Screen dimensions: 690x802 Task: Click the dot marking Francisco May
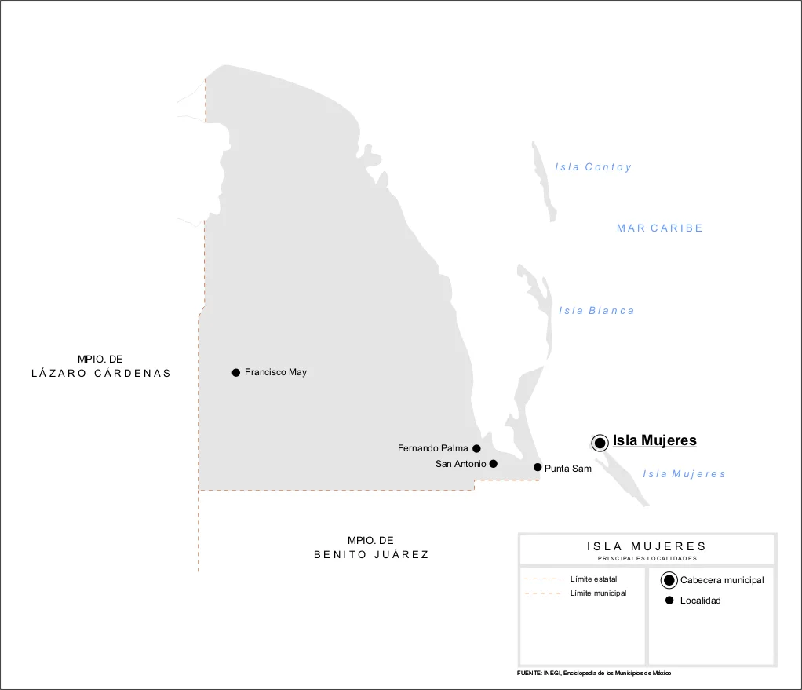235,372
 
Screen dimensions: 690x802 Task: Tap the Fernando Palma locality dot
476,448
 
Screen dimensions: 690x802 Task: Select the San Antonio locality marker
493,464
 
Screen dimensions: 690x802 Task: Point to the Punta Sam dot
538,467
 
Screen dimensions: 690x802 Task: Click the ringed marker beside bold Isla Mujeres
600,443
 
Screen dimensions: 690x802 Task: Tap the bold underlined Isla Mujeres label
654,440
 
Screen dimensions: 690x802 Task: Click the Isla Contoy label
593,167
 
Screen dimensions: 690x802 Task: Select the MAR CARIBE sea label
660,228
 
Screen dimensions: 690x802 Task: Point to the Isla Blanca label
596,311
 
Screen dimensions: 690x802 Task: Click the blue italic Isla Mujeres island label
684,474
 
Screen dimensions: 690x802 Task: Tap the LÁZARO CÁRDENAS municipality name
101,373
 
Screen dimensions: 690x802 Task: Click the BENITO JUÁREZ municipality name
371,554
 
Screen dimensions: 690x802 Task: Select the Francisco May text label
275,372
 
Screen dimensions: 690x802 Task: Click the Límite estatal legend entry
593,579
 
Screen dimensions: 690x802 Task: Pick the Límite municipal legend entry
598,593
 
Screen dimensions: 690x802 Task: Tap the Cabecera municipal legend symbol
669,580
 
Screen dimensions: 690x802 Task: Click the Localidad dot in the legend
669,601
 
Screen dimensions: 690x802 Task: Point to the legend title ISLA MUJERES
647,546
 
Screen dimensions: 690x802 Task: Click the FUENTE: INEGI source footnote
594,674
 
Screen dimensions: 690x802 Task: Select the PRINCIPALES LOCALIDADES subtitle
647,559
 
